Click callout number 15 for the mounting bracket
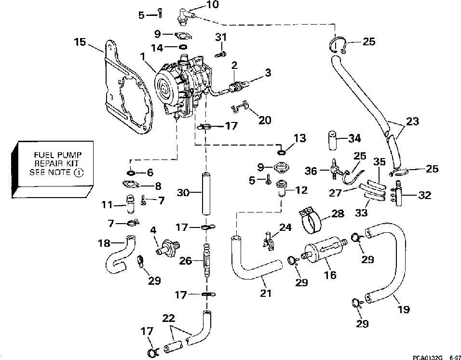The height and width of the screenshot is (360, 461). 80,42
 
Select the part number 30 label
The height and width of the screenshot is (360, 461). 183,193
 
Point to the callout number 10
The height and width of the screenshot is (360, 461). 213,5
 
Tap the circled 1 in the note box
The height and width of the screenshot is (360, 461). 79,173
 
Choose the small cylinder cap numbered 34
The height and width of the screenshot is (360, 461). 332,141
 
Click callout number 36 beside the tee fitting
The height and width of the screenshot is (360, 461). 311,171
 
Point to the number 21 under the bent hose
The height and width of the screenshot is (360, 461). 266,293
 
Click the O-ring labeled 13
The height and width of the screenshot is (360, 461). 281,152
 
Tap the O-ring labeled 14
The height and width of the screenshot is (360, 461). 183,47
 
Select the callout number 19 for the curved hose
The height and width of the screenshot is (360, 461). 403,309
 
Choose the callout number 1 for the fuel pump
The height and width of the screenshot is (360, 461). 144,56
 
